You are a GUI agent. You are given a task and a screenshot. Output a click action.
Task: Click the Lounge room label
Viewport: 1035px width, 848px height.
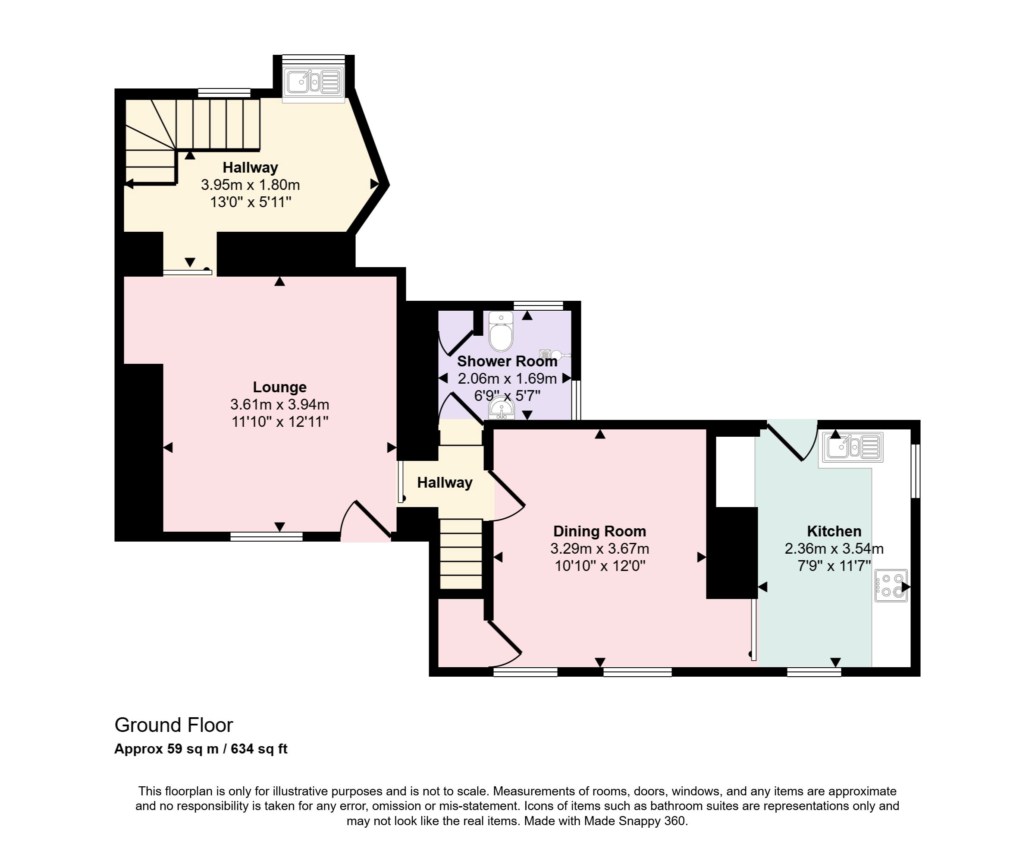tap(280, 388)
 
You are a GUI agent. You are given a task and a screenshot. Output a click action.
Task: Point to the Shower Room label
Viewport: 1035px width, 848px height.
tap(507, 362)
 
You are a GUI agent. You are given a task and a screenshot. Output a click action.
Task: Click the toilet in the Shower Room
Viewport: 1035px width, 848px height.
tap(501, 332)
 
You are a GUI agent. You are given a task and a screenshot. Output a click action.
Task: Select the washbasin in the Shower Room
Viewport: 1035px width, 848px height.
tap(502, 409)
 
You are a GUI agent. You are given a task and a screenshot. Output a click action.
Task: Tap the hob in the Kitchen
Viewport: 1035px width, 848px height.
tap(891, 585)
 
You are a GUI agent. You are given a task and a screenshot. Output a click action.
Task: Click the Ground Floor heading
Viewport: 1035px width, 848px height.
tap(174, 725)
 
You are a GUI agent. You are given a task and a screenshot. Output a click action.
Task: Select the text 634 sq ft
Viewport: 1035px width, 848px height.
tap(259, 749)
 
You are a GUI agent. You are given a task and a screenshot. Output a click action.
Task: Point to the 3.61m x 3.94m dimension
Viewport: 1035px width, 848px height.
tap(280, 404)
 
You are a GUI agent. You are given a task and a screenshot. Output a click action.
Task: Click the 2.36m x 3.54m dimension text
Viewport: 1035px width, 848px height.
tap(834, 549)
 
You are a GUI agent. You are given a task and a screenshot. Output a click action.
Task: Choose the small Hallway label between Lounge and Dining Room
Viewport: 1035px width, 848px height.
tap(445, 482)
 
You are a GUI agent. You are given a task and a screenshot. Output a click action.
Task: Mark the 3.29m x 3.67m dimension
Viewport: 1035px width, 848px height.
tap(599, 549)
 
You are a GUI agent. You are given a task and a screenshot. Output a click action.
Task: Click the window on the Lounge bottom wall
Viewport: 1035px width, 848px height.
tap(267, 537)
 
